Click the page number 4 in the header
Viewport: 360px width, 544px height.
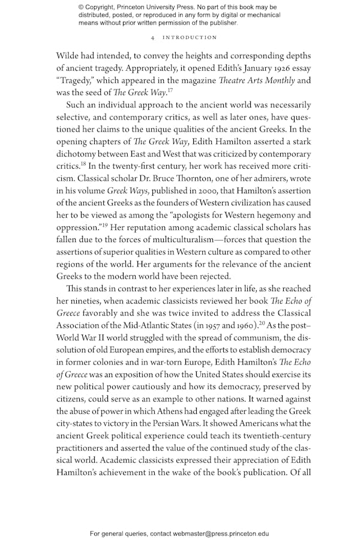tap(153, 37)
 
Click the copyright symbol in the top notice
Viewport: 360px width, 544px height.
tap(82, 7)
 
